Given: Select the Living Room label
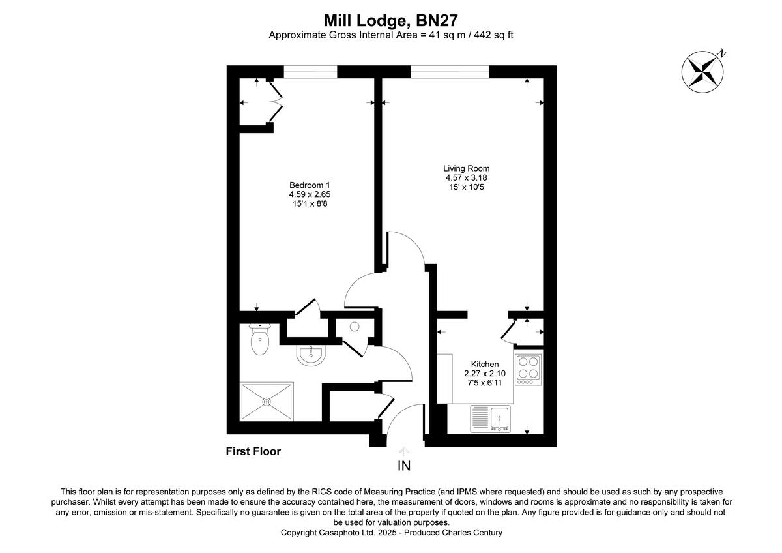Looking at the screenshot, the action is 467,168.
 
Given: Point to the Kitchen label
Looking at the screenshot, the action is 485,364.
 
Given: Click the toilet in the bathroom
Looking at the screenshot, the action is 259,341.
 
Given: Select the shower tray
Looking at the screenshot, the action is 267,402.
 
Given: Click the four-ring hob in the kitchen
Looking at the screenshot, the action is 529,368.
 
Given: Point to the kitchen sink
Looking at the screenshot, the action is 500,418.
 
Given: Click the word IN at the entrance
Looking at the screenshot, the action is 404,466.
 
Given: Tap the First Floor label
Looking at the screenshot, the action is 253,451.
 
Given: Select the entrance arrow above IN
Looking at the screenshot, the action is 404,451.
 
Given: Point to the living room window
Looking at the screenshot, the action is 450,72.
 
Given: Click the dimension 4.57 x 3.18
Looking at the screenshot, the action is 467,177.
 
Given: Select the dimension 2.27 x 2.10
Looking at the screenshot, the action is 485,374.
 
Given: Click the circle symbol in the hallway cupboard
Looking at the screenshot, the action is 355,327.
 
